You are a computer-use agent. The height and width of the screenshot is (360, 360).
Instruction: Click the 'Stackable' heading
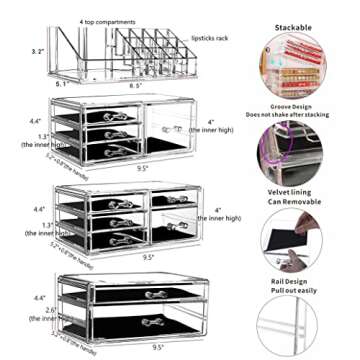(293, 29)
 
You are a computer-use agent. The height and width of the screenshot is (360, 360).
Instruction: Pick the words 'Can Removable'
(293, 201)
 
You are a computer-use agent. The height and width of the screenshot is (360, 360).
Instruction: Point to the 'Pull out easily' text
(293, 290)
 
